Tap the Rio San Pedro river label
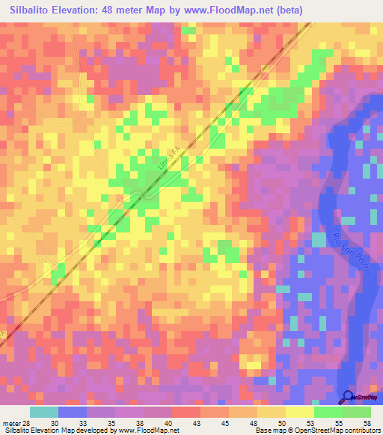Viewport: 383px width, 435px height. [350, 253]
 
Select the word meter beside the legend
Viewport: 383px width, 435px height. [12, 422]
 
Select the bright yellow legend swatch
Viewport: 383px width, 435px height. [299, 412]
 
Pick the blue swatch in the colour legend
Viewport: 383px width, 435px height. [72, 412]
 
